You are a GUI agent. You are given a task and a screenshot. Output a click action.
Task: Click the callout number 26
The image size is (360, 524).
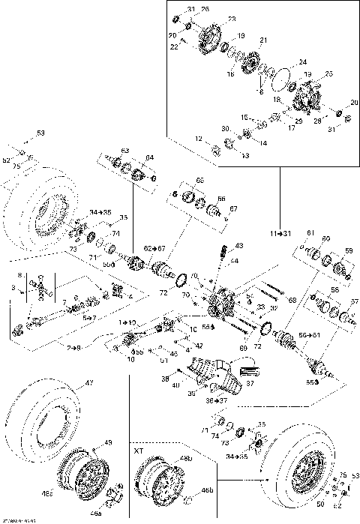point(205,8)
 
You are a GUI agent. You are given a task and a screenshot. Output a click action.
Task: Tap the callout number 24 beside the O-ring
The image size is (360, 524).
point(302,61)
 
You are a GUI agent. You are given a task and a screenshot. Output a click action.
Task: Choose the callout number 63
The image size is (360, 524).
point(125,151)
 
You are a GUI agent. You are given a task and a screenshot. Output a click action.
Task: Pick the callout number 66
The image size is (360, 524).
point(220,198)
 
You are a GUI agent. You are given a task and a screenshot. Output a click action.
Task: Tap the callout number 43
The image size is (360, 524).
point(238,246)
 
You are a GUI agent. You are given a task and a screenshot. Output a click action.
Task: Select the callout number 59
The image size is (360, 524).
point(347,250)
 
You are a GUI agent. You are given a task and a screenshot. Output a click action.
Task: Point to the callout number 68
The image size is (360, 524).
point(292,301)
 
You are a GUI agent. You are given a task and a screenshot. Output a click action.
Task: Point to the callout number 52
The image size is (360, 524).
point(6,160)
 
